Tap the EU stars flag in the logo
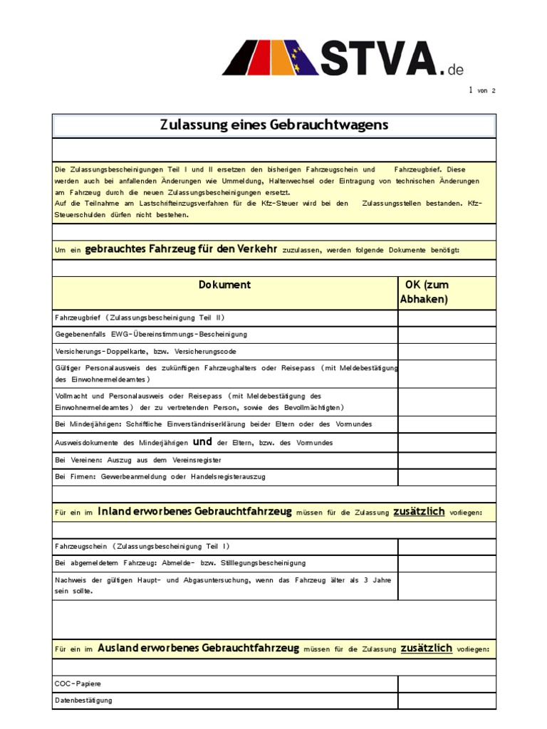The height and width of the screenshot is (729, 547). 305,58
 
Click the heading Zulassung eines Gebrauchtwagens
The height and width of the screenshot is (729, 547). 273,125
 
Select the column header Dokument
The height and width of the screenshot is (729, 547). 224,285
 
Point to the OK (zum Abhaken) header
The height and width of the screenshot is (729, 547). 427,292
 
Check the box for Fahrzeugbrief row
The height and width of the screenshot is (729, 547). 447,318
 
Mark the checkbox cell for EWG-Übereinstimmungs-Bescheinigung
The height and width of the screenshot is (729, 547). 447,335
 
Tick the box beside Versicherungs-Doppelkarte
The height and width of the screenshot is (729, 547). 447,352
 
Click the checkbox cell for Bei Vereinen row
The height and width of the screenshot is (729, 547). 447,460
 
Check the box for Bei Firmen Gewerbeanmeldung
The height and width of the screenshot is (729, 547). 447,477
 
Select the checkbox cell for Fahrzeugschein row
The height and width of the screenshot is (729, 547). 447,547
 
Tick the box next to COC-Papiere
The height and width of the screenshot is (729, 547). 447,684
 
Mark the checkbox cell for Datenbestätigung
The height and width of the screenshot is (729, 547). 447,701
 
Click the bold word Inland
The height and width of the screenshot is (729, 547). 113,511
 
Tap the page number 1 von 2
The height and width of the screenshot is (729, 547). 481,90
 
